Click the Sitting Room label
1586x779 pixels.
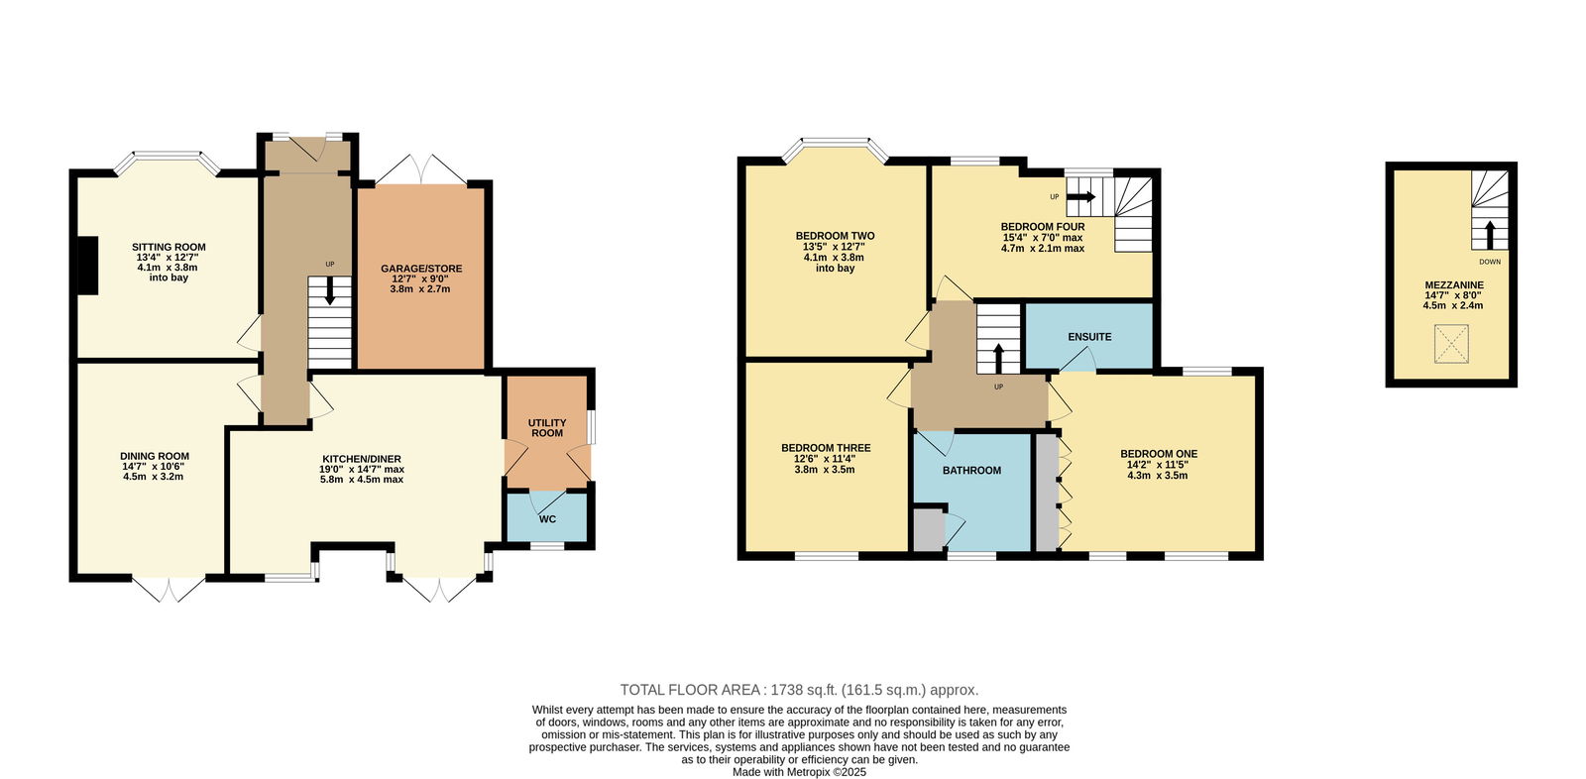(169, 247)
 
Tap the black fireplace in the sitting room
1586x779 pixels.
(86, 265)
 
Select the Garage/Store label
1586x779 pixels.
(421, 269)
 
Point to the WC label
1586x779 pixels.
(547, 519)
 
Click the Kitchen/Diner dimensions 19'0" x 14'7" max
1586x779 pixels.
(362, 469)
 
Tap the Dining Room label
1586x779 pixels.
(155, 456)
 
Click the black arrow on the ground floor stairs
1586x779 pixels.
(330, 290)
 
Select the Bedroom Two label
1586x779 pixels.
(835, 236)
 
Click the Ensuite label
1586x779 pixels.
(1089, 337)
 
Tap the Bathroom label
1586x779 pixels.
(971, 470)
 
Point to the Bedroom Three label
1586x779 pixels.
(826, 448)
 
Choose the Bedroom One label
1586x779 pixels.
(1159, 454)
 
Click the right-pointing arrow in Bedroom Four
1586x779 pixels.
(1081, 196)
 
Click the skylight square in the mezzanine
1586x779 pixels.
(1451, 344)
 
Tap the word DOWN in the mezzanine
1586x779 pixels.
(1490, 262)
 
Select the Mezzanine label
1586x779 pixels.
(1453, 284)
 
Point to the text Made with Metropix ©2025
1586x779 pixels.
(799, 772)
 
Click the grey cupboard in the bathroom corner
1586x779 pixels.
(929, 529)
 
